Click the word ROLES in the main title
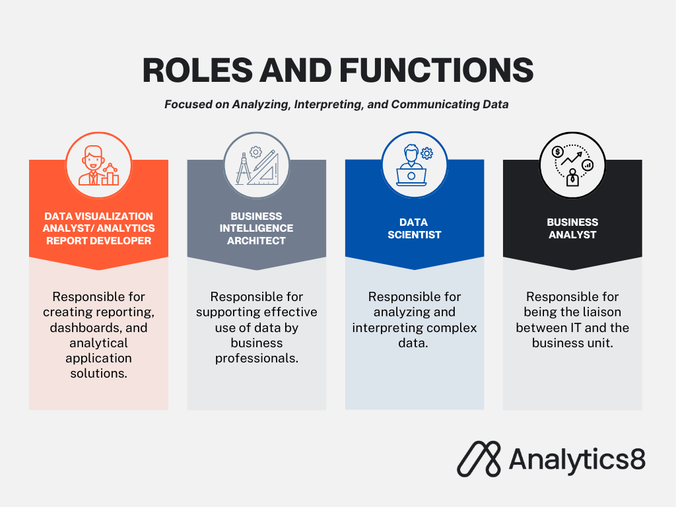coord(197,70)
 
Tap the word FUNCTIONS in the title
coord(437,70)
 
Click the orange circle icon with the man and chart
coord(99,165)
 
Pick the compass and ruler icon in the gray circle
coord(257,165)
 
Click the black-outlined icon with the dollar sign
coord(572,165)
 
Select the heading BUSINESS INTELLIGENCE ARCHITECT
coord(257,228)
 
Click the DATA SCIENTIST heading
coord(415,228)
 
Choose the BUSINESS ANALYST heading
coord(572,228)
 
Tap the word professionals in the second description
coord(257,358)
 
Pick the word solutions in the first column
coord(99,374)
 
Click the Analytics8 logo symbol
coord(479,459)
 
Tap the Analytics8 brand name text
coord(577,459)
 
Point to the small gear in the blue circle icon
coord(427,153)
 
